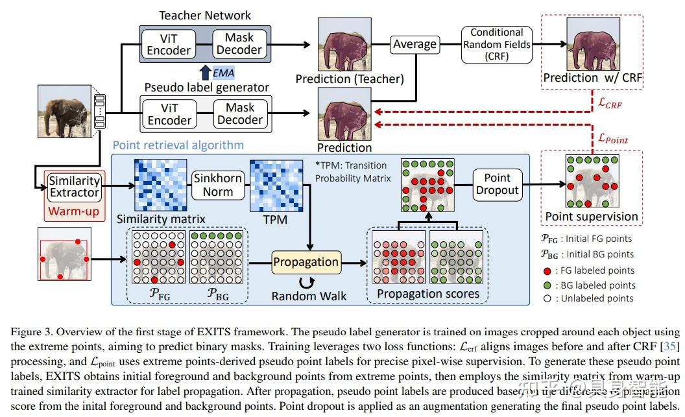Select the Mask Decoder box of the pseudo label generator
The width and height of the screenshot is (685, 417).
pos(239,113)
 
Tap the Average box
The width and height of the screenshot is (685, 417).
pos(415,44)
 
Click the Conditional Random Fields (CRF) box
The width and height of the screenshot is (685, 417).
pos(496,45)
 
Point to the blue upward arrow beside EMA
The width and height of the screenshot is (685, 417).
pos(204,73)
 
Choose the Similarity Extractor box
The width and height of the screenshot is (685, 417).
pos(75,186)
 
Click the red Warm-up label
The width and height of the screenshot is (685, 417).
pos(75,211)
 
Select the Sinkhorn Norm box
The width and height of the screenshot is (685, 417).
pos(217,184)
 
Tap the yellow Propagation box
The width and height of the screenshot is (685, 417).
pos(306,262)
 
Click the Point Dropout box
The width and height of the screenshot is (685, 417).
pos(497,184)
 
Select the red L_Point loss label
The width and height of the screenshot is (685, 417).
pos(613,137)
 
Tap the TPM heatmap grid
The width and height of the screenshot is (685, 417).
pos(275,185)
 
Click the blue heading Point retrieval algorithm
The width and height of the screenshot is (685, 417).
pos(178,145)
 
